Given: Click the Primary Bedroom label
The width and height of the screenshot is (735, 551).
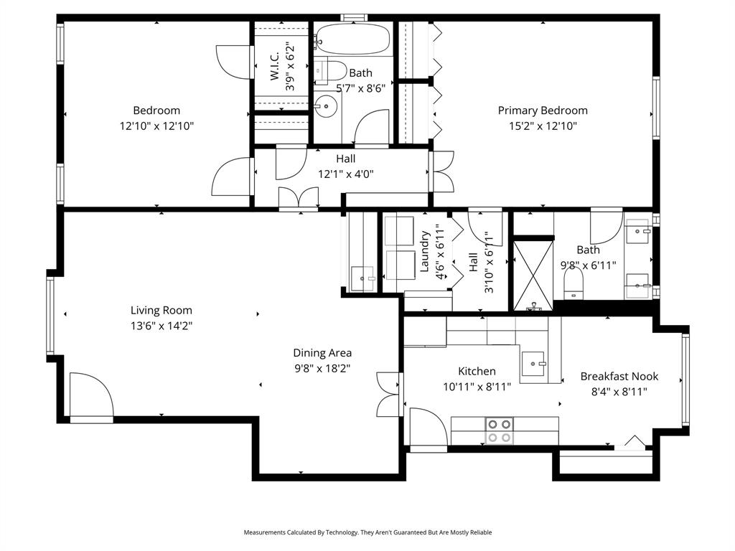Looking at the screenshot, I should pyautogui.click(x=543, y=110).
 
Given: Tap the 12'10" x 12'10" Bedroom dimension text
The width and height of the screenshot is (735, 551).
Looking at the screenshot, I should pyautogui.click(x=156, y=126).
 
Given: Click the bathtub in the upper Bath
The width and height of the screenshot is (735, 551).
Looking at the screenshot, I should pyautogui.click(x=352, y=40).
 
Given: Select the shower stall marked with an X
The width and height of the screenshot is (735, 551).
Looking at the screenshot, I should pyautogui.click(x=531, y=275).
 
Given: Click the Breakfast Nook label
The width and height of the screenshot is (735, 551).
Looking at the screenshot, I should pyautogui.click(x=619, y=376).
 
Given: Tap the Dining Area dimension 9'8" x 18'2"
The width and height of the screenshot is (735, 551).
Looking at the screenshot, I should pyautogui.click(x=322, y=368).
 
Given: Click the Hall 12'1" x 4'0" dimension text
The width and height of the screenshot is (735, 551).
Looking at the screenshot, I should pyautogui.click(x=346, y=174).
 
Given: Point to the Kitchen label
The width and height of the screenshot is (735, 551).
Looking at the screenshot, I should pyautogui.click(x=477, y=371).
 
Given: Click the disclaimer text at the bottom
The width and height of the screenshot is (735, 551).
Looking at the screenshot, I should pyautogui.click(x=367, y=532).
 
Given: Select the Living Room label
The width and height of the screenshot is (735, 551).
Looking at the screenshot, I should pyautogui.click(x=161, y=310).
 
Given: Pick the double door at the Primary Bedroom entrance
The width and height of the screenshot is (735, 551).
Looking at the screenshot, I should pyautogui.click(x=441, y=172).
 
